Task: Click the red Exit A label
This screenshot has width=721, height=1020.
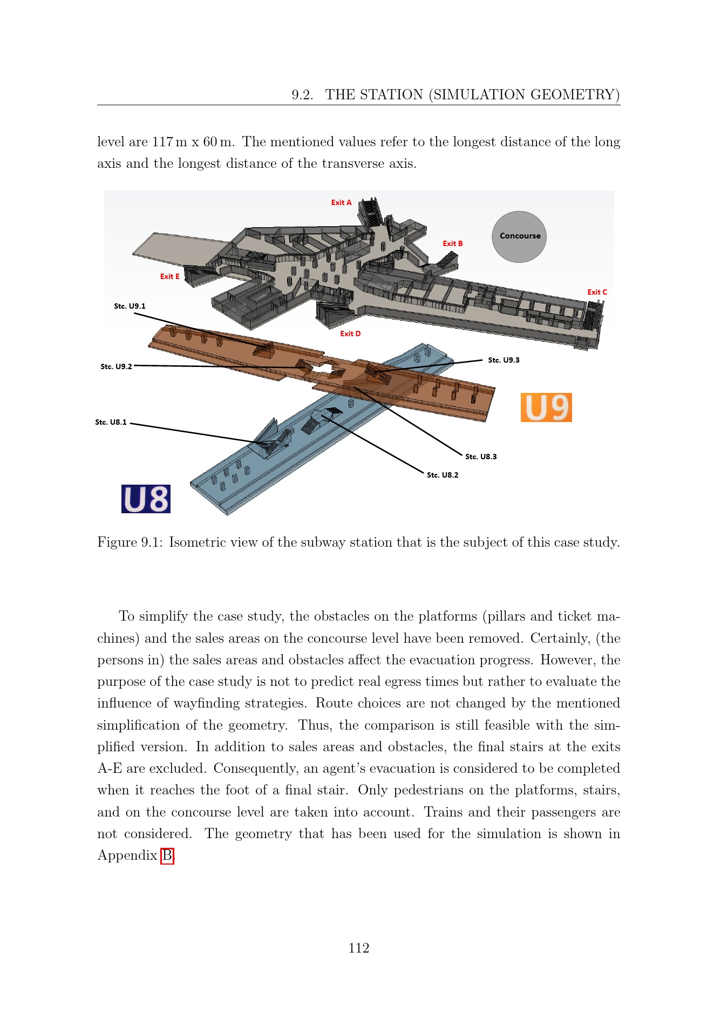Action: [341, 202]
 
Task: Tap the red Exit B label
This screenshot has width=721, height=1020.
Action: [453, 243]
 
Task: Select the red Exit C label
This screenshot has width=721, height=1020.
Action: [597, 292]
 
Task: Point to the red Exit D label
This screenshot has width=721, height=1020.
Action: [350, 334]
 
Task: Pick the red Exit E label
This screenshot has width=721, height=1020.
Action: [170, 276]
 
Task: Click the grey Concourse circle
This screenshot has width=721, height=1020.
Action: [519, 236]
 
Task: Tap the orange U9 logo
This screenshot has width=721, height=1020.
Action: [546, 407]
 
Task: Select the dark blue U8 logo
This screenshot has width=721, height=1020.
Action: [146, 499]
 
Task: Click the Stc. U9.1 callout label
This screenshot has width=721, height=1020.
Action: [130, 306]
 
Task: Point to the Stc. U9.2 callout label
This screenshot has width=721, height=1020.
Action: [116, 366]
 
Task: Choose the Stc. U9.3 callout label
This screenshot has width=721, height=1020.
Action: [504, 360]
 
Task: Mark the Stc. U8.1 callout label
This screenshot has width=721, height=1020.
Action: [111, 422]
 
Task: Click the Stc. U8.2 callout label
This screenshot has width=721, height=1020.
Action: [443, 475]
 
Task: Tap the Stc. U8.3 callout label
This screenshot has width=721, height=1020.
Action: [481, 457]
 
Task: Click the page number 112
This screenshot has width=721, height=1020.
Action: [359, 948]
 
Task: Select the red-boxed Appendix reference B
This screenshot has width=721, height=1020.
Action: [167, 855]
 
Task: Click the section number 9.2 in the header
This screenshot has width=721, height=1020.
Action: [302, 95]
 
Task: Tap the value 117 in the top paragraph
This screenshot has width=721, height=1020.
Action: [162, 142]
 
